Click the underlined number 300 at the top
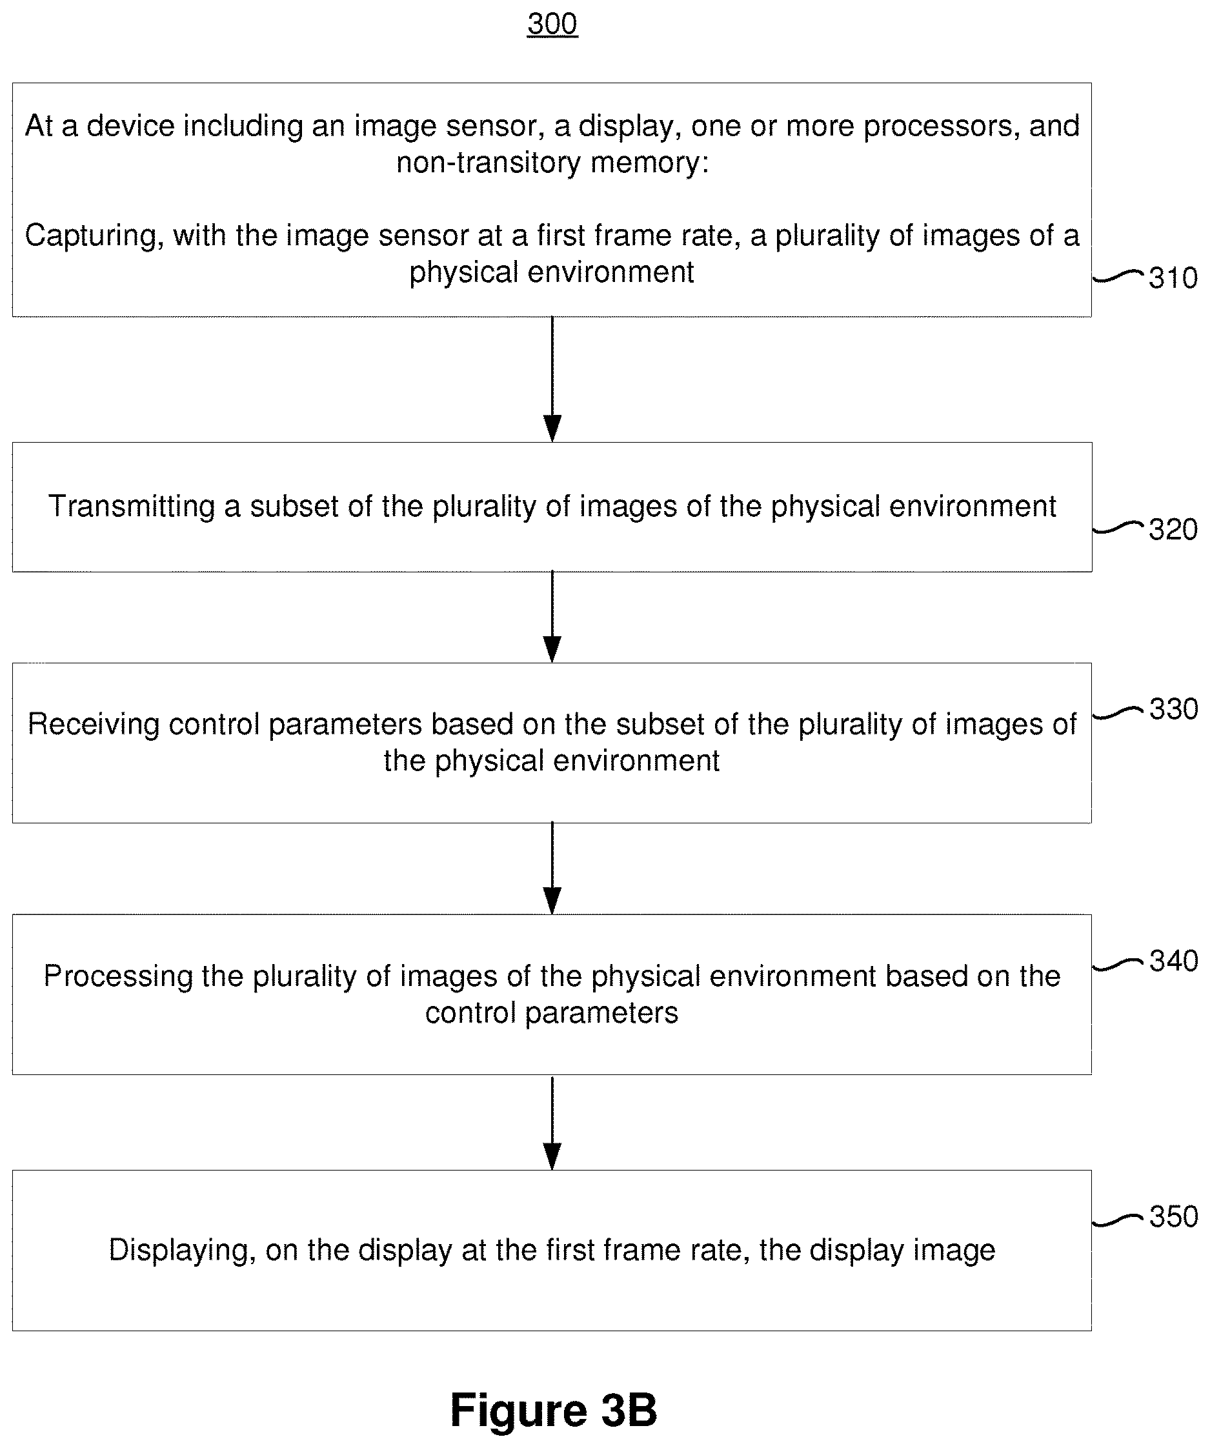click(552, 24)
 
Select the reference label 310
click(1173, 278)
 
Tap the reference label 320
click(1173, 530)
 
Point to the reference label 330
click(1173, 709)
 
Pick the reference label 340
click(1173, 961)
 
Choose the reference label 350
click(1173, 1216)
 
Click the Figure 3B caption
click(553, 1409)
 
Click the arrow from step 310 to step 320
click(552, 379)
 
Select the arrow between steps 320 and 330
click(552, 617)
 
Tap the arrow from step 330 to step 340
click(552, 868)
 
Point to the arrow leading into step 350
click(552, 1123)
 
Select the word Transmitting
click(132, 507)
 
